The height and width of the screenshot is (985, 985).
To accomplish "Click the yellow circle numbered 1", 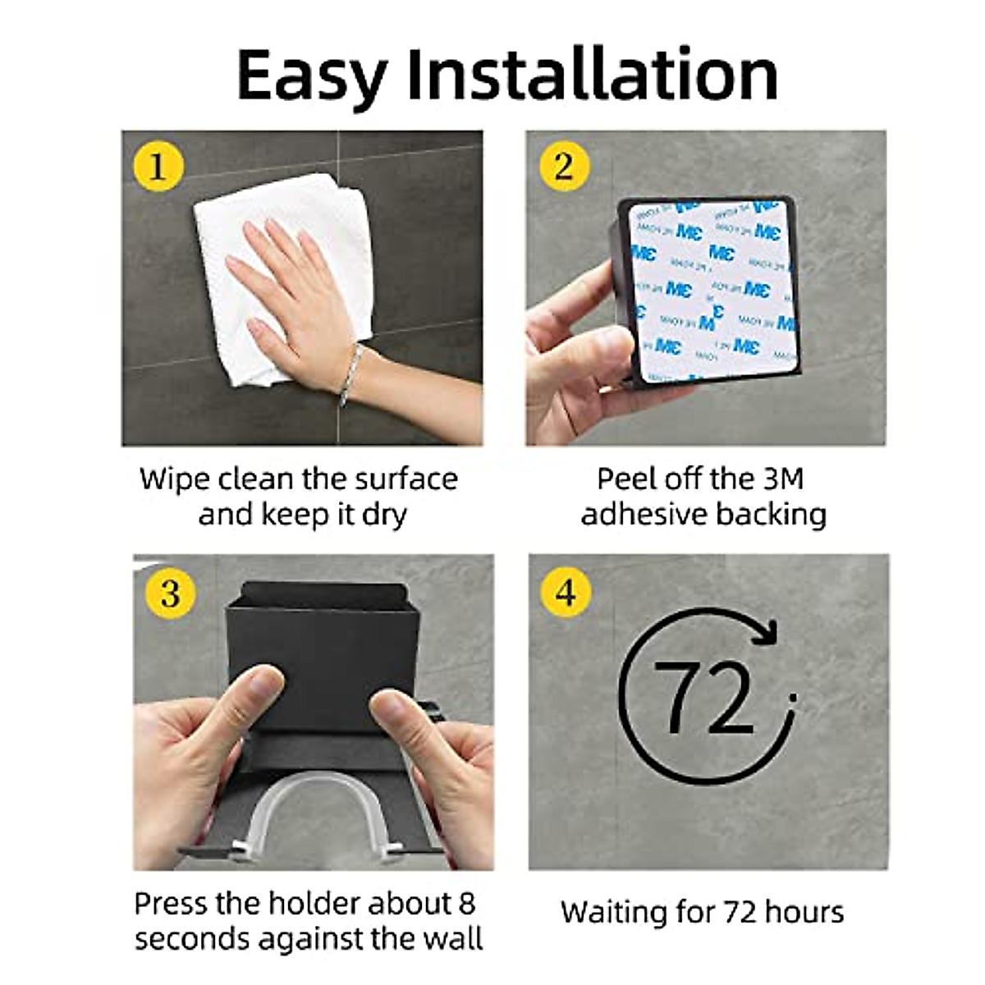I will click(x=157, y=167).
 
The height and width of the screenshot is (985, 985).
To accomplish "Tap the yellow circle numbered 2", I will click(x=563, y=167).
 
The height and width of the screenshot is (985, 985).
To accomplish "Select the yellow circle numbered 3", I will click(x=170, y=592).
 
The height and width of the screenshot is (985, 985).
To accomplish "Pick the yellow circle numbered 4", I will click(x=566, y=592).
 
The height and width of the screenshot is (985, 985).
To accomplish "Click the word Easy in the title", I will click(x=311, y=76).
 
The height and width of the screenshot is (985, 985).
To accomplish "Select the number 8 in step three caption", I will click(x=465, y=904).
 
